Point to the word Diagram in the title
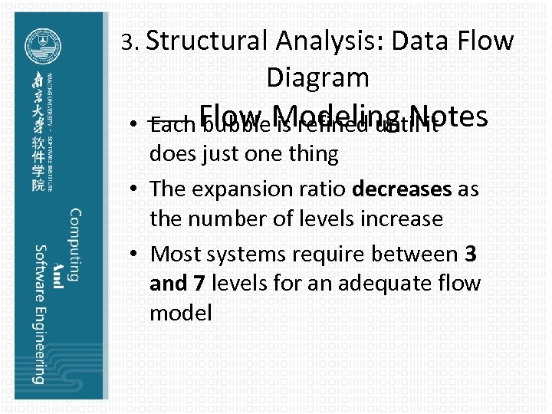click(x=317, y=77)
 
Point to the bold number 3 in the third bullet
click(x=471, y=252)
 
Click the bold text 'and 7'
click(x=177, y=284)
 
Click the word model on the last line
click(x=181, y=313)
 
